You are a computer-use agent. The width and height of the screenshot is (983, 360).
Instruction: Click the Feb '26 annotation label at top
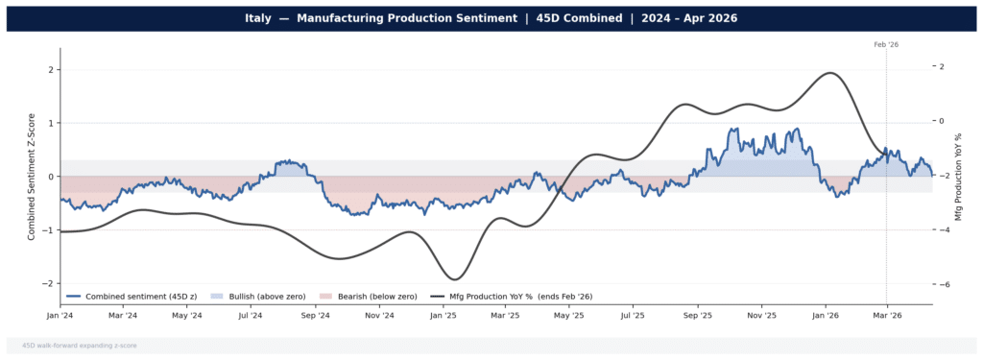[885, 44]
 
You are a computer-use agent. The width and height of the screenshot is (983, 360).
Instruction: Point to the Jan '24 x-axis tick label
[60, 315]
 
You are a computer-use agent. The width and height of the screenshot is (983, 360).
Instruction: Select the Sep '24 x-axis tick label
[315, 315]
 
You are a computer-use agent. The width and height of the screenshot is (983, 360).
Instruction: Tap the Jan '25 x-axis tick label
[443, 315]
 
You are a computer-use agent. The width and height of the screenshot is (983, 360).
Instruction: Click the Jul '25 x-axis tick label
[632, 315]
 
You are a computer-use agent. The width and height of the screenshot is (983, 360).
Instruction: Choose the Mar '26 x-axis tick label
[886, 315]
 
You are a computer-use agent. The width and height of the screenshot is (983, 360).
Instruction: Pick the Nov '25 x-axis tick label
[760, 315]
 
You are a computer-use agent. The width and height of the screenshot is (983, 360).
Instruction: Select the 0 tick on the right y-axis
[942, 121]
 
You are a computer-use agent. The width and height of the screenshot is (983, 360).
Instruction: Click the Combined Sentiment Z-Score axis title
[31, 177]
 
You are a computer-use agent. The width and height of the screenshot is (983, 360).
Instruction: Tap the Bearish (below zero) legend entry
[363, 296]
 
